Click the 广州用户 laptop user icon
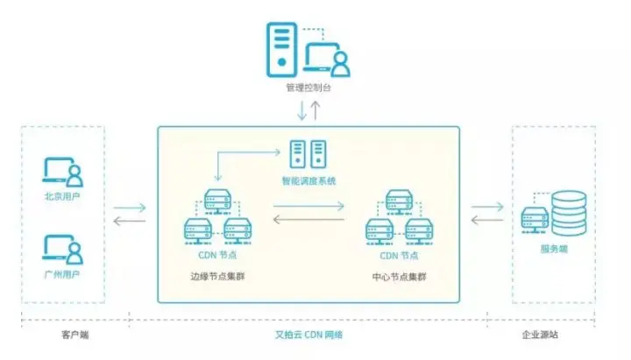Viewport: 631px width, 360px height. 62,250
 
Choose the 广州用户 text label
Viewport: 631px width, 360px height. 62,275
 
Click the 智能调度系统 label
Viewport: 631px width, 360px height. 308,181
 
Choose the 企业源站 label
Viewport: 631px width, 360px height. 552,335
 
